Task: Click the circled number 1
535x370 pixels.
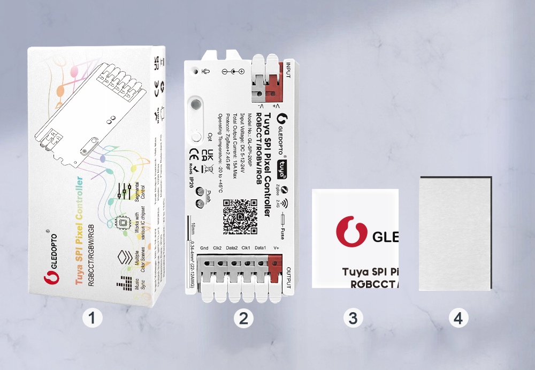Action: (93, 319)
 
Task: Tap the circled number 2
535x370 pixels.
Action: (243, 319)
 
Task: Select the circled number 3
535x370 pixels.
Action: (353, 319)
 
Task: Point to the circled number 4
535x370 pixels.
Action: (457, 319)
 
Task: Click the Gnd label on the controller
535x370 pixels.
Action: (204, 248)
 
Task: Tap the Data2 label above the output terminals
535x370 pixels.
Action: (232, 248)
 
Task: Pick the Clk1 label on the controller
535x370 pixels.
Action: (246, 248)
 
